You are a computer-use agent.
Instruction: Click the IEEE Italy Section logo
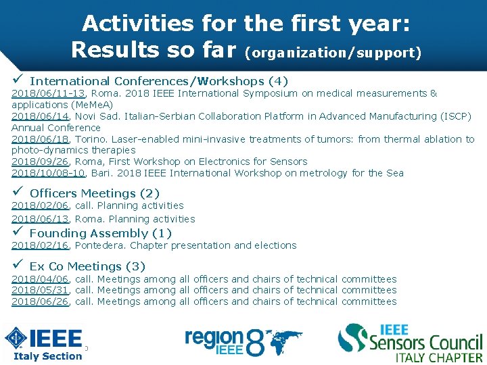[45, 344]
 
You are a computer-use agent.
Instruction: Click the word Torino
[90, 139]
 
